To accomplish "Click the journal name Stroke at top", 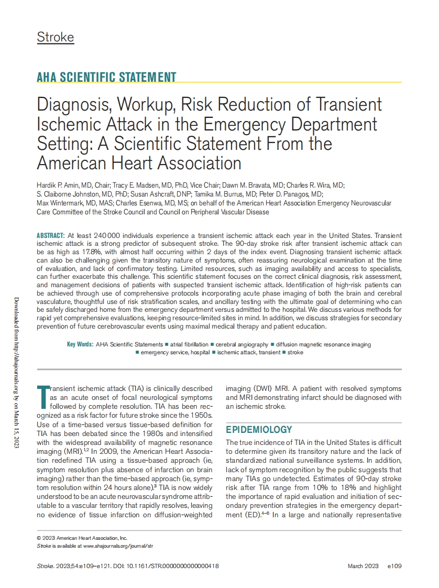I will click(x=55, y=37).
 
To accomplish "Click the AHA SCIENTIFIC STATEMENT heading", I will click(x=106, y=77).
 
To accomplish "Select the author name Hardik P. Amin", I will click(x=56, y=186).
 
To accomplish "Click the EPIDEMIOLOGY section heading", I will click(x=259, y=430).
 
